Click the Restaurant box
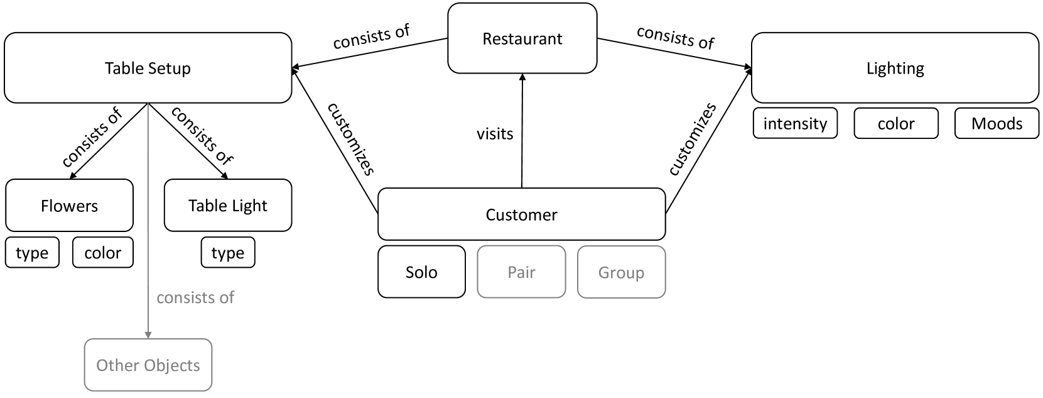pyautogui.click(x=522, y=38)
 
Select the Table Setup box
pyautogui.click(x=148, y=68)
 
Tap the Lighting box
pyautogui.click(x=895, y=68)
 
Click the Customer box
pyautogui.click(x=521, y=214)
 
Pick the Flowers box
pyautogui.click(x=69, y=206)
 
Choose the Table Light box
pyautogui.click(x=228, y=206)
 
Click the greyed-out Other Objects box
pyautogui.click(x=148, y=365)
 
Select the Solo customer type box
pyautogui.click(x=421, y=272)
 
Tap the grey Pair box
pyautogui.click(x=521, y=272)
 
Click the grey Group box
pyautogui.click(x=621, y=272)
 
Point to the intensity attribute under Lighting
pyautogui.click(x=795, y=123)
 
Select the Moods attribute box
pyautogui.click(x=997, y=123)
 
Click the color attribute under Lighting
pyautogui.click(x=896, y=123)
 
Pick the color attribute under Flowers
pyautogui.click(x=102, y=253)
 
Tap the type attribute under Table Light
pyautogui.click(x=228, y=253)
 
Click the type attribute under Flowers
pyautogui.click(x=32, y=253)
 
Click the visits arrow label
pyautogui.click(x=495, y=133)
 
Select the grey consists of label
pyautogui.click(x=195, y=297)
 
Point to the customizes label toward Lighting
pyautogui.click(x=692, y=140)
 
